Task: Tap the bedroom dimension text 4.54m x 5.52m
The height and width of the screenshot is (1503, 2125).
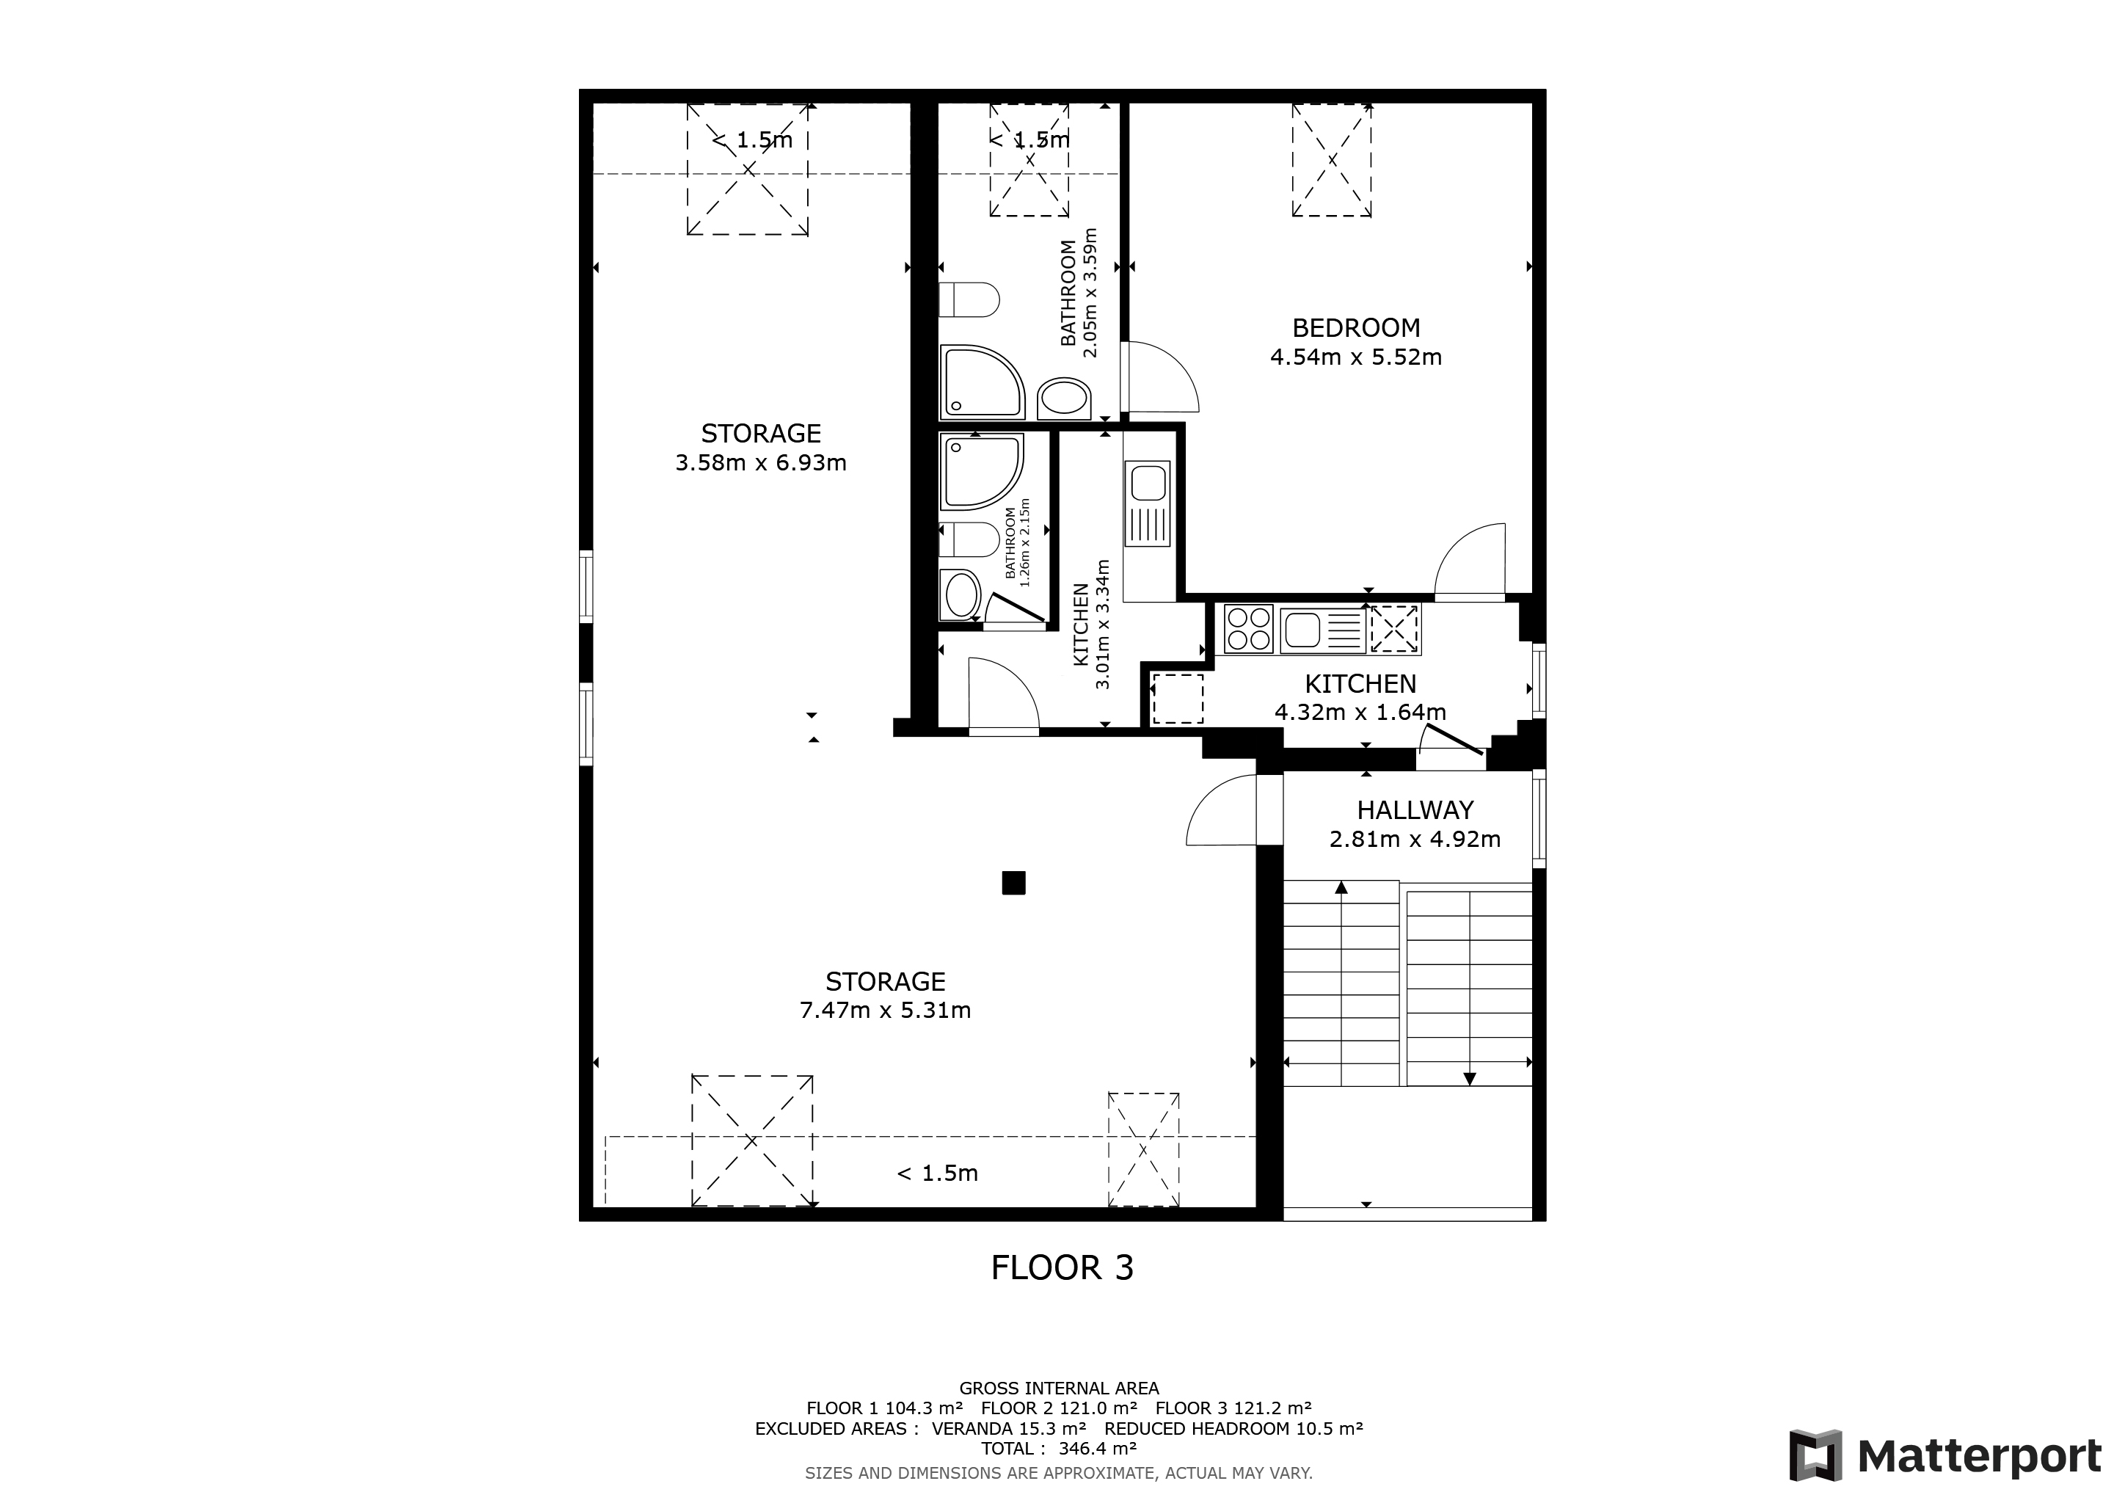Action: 1356,357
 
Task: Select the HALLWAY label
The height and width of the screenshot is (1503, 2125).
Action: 1415,811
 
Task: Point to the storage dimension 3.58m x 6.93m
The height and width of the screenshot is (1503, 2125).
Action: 761,463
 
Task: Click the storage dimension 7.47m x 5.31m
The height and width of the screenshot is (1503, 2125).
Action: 885,1011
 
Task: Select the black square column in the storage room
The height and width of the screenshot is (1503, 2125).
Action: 1013,883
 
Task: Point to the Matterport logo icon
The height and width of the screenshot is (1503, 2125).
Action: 1815,1456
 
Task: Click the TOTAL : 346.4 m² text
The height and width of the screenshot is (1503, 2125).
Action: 1059,1449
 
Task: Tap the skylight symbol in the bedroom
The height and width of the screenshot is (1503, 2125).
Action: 1332,160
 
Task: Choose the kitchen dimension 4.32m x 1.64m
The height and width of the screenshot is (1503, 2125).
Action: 1360,713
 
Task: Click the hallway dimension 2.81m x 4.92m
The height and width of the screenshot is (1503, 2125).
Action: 1415,840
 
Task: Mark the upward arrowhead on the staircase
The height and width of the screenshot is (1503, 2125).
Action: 1341,887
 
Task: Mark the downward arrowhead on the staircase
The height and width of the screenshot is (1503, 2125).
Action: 1469,1078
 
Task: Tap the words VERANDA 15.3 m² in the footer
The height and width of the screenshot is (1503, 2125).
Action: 1009,1429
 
